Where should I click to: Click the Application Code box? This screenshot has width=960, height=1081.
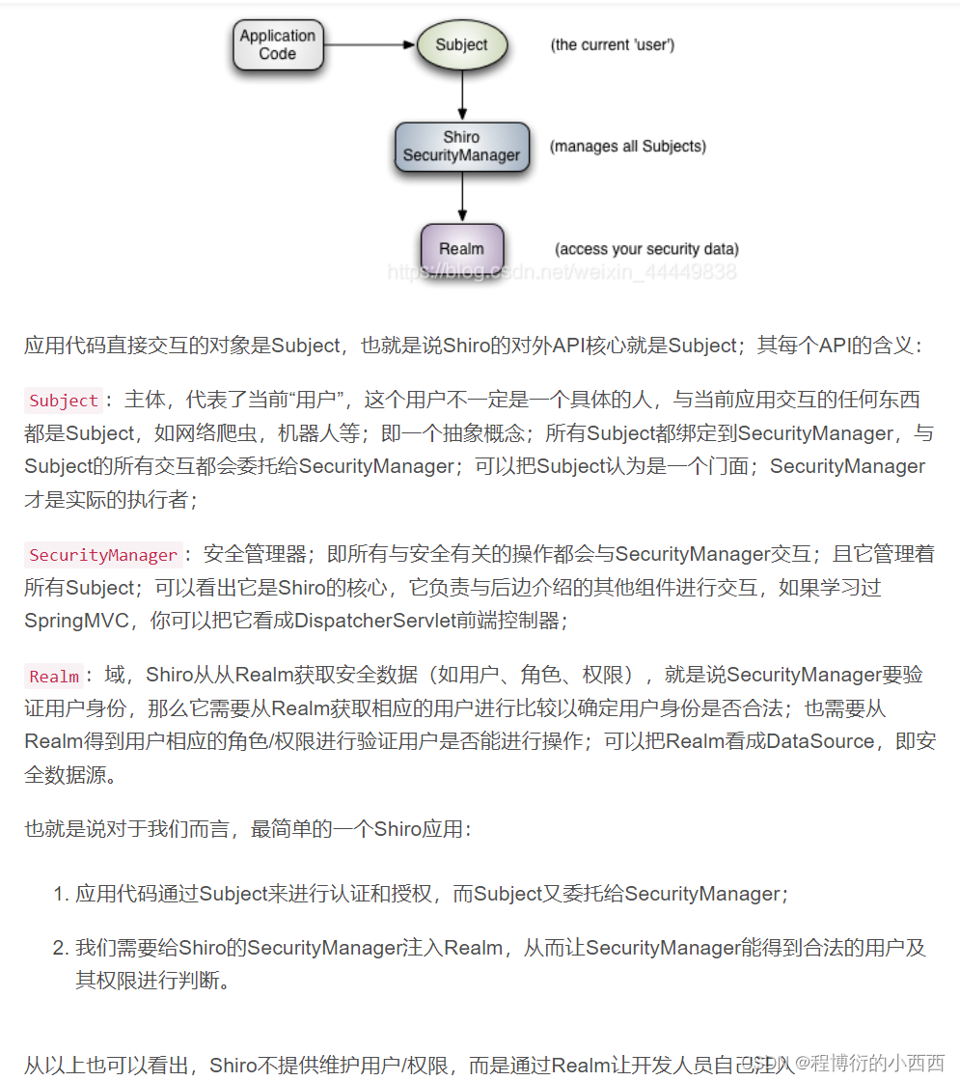click(x=277, y=45)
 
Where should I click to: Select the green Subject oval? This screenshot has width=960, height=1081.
click(x=461, y=45)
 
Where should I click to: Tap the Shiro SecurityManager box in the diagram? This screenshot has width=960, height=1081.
click(x=461, y=147)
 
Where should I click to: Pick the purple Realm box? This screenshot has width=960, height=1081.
click(x=461, y=249)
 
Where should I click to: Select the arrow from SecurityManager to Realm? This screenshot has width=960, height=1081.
click(x=462, y=197)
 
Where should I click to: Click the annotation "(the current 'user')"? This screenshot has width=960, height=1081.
click(x=612, y=45)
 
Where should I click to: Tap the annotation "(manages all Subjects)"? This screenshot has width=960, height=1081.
click(x=628, y=147)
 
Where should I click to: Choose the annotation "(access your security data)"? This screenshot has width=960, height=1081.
click(x=646, y=249)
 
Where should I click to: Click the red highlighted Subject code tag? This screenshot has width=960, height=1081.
click(x=64, y=401)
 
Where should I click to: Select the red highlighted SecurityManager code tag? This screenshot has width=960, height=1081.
click(x=103, y=555)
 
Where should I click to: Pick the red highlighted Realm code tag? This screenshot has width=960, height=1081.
click(x=54, y=677)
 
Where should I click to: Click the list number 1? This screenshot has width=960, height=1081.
click(x=60, y=894)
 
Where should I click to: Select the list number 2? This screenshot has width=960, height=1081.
click(x=60, y=948)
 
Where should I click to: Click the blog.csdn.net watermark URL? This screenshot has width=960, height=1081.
click(x=562, y=272)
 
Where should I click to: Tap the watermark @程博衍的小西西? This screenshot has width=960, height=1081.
click(x=868, y=1063)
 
